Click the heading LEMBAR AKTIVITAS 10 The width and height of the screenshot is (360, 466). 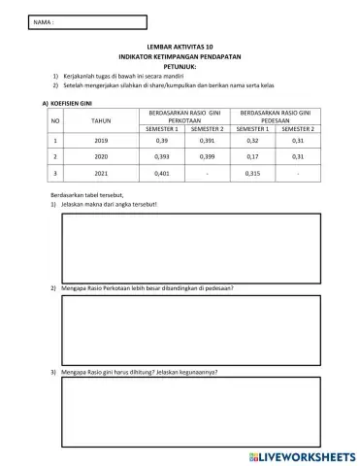click(180, 47)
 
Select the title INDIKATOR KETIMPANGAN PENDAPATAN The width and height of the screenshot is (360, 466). click(180, 55)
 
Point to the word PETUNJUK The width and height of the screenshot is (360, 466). click(180, 64)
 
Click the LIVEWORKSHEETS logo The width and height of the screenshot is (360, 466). click(303, 453)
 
